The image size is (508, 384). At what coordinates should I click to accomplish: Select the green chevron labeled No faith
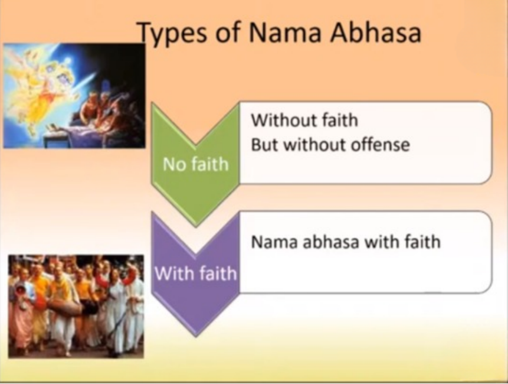click(196, 164)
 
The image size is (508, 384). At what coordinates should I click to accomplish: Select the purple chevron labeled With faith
click(196, 274)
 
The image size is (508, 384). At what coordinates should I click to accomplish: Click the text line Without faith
click(304, 120)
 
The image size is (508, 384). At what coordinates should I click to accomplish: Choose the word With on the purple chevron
click(173, 274)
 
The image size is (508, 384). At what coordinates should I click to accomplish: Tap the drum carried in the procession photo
click(65, 307)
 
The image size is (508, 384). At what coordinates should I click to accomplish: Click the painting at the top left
click(74, 96)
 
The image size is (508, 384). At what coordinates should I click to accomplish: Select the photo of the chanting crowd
click(76, 307)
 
